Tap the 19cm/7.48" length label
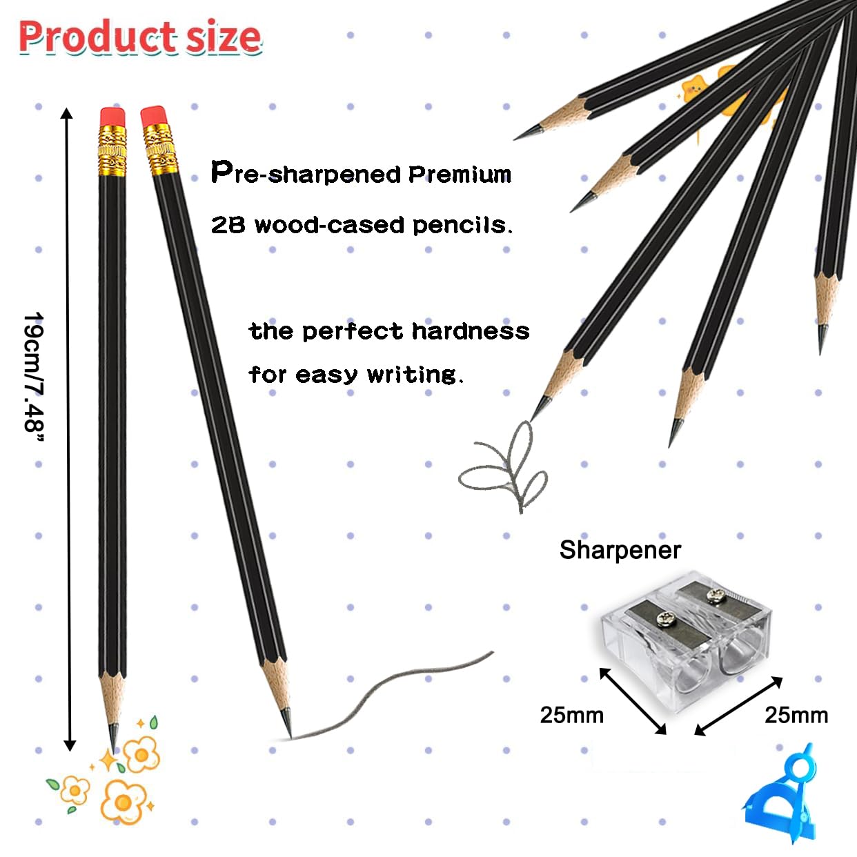tap(34, 377)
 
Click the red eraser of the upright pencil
tap(112, 117)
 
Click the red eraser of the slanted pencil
tap(154, 117)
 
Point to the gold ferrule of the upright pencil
tap(112, 150)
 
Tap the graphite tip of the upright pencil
tap(113, 738)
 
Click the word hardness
tap(471, 331)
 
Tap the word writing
tap(415, 375)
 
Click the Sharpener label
tap(620, 550)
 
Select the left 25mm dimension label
tap(571, 716)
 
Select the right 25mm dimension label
tap(796, 716)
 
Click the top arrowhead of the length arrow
tap(67, 113)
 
